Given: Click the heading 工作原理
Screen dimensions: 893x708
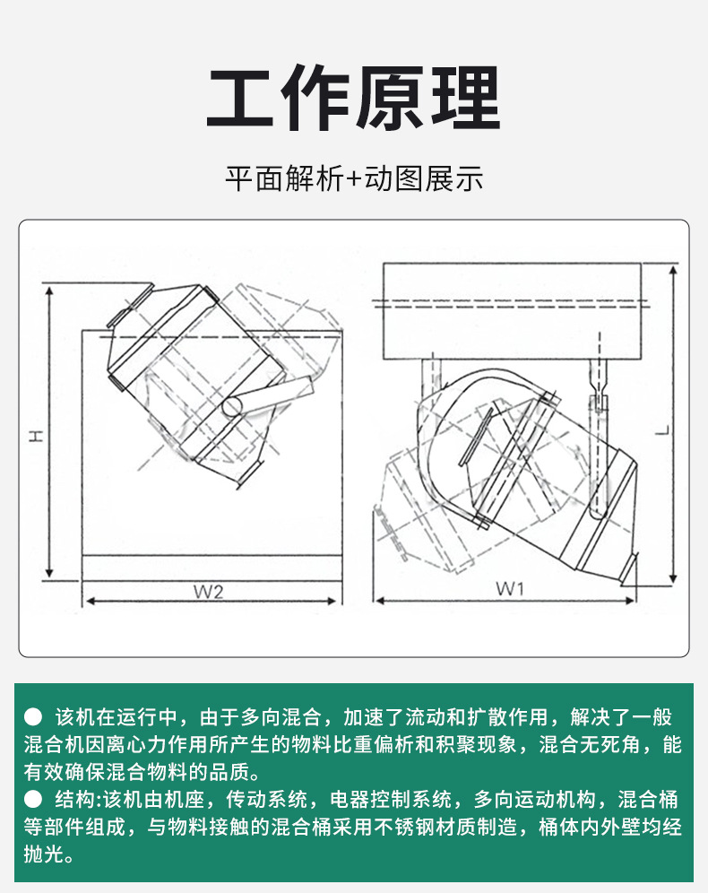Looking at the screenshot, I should (353, 100).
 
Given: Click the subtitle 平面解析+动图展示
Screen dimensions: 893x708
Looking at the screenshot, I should (353, 178).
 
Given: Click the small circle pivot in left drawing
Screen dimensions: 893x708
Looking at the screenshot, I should (233, 405).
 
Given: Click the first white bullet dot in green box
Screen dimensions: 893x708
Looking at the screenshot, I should (33, 717).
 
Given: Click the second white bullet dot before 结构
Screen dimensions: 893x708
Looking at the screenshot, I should (33, 799).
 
